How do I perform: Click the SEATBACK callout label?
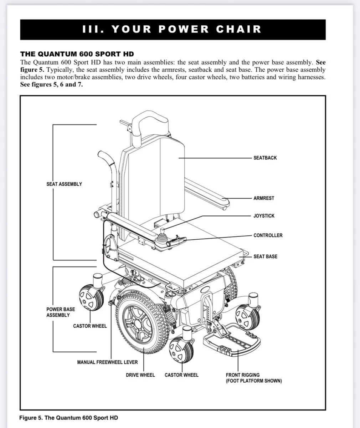coord(265,158)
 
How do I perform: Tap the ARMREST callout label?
coord(264,198)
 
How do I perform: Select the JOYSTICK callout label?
coord(264,216)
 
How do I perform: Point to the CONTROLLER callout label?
coord(268,235)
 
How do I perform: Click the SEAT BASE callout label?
coord(265,256)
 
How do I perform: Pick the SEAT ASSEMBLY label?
coord(64,184)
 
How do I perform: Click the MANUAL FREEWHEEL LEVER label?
coord(107,362)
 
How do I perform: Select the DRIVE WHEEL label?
coord(140,375)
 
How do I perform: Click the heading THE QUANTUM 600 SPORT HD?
coord(77,54)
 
